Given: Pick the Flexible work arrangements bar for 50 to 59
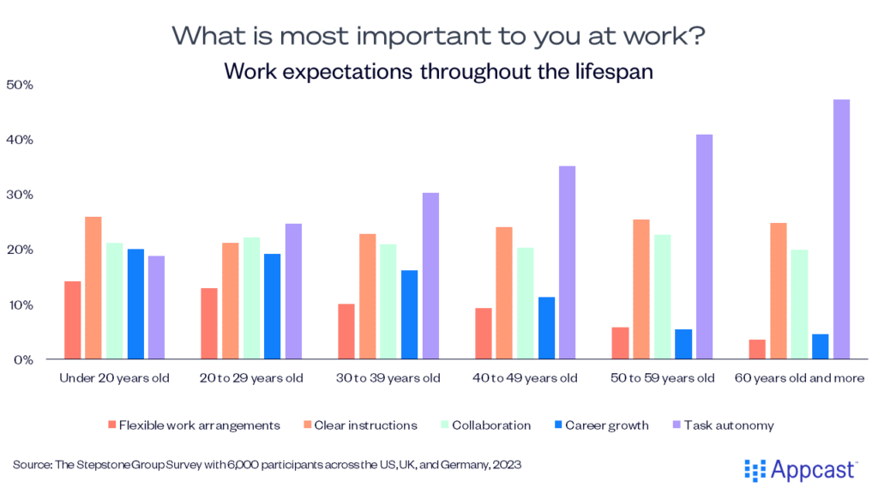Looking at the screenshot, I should [621, 342].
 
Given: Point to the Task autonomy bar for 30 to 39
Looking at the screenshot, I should [430, 275].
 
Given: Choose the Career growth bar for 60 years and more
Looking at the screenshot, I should [820, 346].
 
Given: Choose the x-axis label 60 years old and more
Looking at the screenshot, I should [798, 378].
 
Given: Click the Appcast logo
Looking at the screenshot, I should [801, 468].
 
